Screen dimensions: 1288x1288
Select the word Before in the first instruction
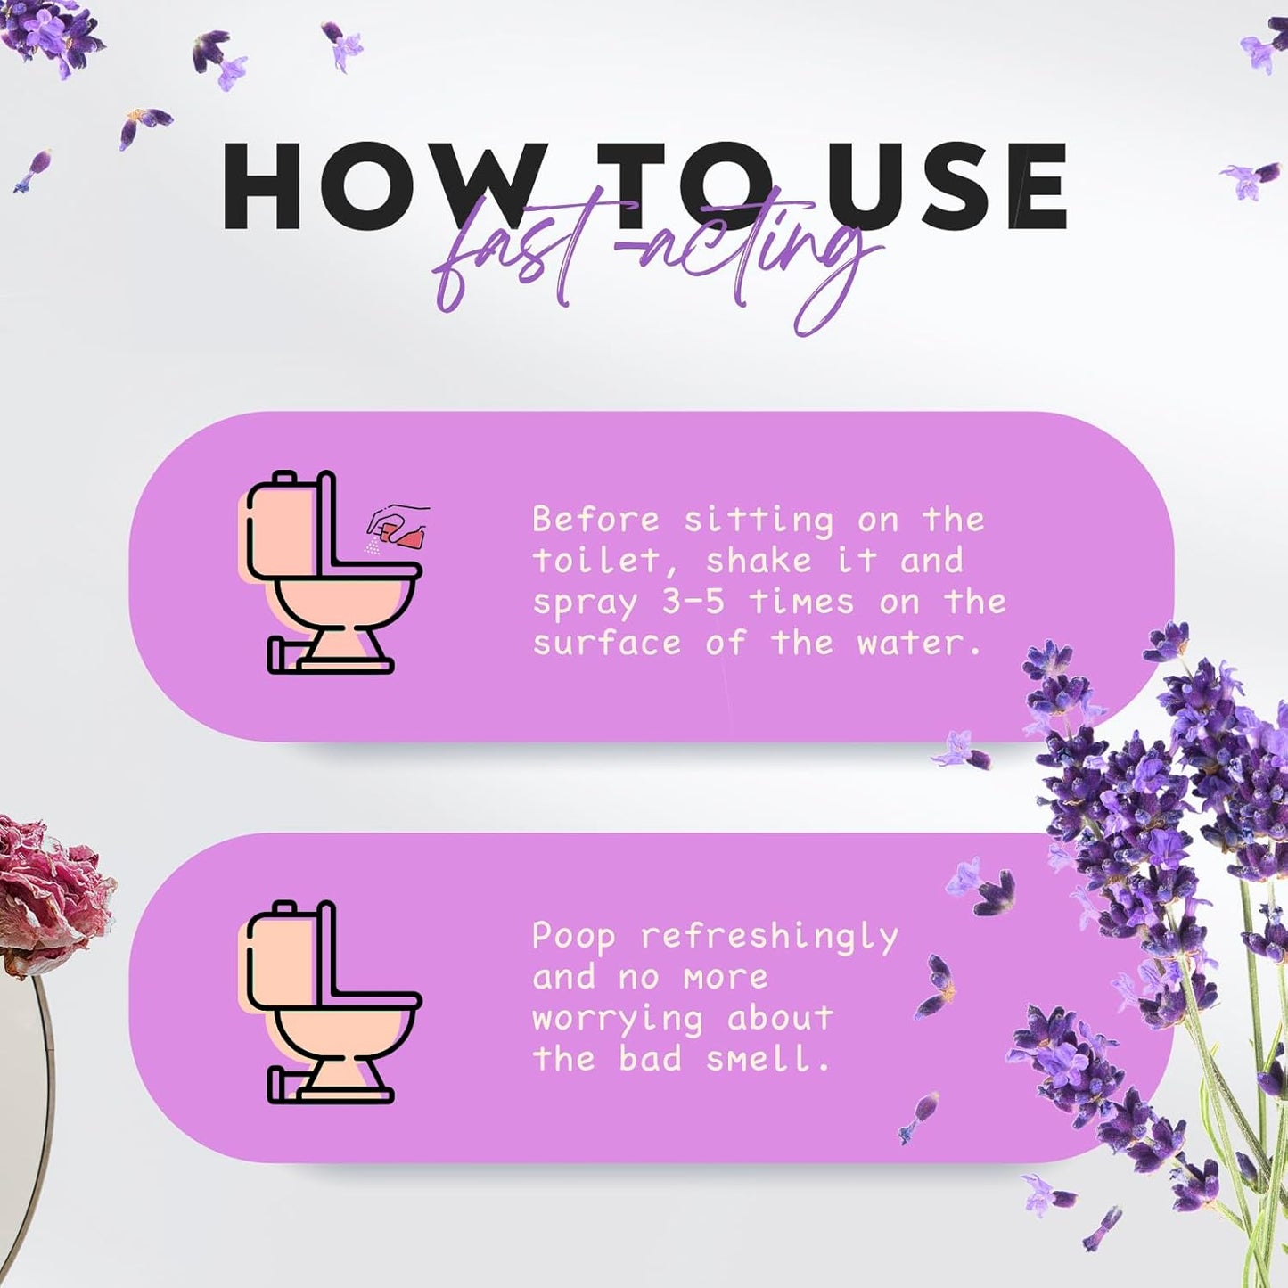pos(595,519)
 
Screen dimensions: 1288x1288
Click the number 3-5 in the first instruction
pos(693,602)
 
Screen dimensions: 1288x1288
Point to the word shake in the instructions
pos(759,561)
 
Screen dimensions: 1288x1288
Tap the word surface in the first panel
pos(606,643)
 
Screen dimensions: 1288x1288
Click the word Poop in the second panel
pos(573,937)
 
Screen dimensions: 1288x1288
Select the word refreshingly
pos(769,938)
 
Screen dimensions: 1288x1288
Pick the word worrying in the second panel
pos(617,1019)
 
